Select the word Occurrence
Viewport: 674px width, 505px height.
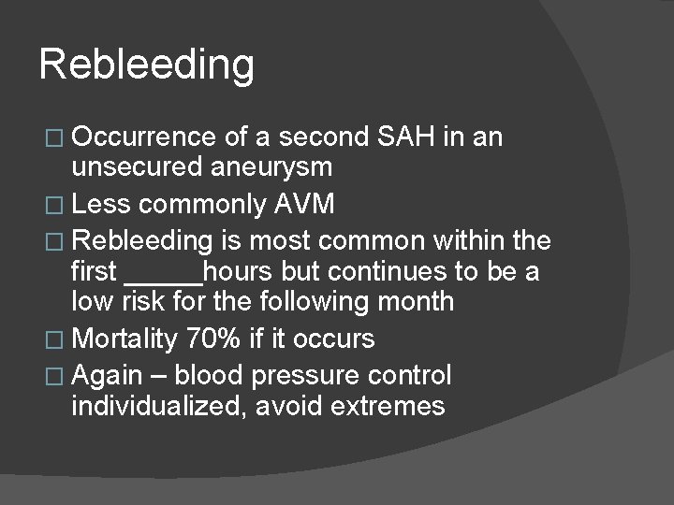tap(145, 138)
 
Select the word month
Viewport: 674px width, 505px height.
tap(411, 302)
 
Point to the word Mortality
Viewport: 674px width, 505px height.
tap(125, 337)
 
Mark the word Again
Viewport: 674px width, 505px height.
tap(107, 376)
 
